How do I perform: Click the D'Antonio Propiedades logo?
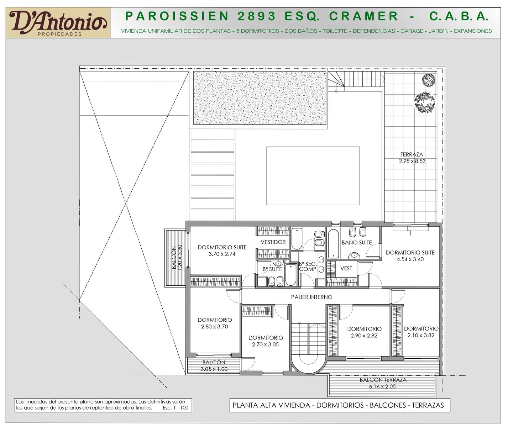[x=58, y=23]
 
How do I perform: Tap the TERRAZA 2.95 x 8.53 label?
[x=412, y=158]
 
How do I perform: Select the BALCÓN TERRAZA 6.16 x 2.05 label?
[x=383, y=383]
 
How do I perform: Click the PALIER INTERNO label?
[x=311, y=297]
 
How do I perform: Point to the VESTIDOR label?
[x=273, y=242]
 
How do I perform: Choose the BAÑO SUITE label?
[x=357, y=242]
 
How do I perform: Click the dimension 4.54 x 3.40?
[x=410, y=259]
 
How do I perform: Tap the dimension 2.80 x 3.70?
[x=214, y=327]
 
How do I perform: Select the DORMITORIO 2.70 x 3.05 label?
[x=266, y=341]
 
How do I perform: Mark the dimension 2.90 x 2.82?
[x=364, y=336]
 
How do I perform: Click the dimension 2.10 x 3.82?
[x=421, y=335]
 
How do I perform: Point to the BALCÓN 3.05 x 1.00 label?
[x=214, y=366]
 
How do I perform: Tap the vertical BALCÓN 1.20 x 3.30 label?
[x=177, y=258]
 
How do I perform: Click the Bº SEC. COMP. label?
[x=308, y=267]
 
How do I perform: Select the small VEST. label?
[x=347, y=268]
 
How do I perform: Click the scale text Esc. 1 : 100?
[x=176, y=408]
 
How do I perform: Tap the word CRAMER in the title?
[x=363, y=16]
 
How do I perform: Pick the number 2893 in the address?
[x=256, y=16]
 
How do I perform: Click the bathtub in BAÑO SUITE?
[x=333, y=243]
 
